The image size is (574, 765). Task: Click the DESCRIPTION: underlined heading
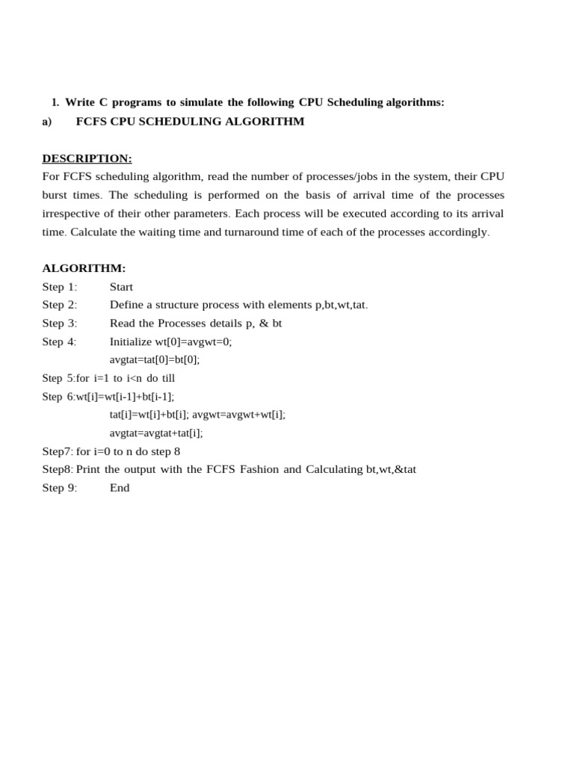point(87,158)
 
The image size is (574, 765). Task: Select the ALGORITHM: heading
point(84,268)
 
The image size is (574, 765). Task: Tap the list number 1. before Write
point(55,102)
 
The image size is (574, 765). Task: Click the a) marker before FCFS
point(47,121)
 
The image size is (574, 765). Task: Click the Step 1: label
point(60,287)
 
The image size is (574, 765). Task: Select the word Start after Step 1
point(121,287)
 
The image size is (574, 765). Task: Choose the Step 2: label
point(60,305)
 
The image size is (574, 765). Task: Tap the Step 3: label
point(60,323)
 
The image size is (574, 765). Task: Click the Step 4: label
point(60,341)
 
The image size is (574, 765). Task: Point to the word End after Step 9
point(120,488)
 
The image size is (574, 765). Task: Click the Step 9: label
point(60,488)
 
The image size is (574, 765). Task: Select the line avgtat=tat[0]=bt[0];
point(155,359)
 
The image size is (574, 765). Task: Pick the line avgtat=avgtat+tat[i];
point(156,433)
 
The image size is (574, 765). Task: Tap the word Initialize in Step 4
point(131,341)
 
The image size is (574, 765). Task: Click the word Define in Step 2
point(126,305)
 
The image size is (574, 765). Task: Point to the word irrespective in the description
point(70,214)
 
